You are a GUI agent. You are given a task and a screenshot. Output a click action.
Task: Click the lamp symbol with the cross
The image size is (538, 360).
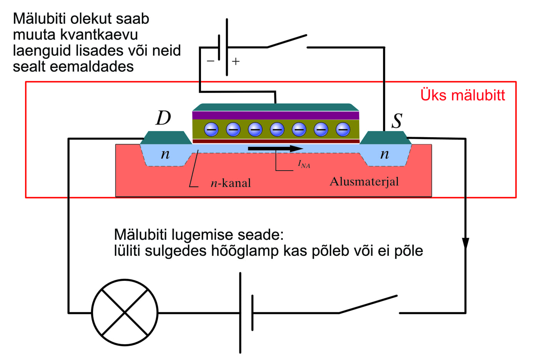click(125, 312)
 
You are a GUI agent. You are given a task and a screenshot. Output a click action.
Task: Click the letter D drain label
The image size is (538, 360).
click(163, 118)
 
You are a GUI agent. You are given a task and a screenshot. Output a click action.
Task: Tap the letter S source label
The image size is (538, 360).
click(397, 121)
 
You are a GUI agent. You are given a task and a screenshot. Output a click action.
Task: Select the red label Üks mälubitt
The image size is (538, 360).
click(462, 95)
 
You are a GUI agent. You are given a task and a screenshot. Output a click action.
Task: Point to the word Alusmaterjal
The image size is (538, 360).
click(364, 181)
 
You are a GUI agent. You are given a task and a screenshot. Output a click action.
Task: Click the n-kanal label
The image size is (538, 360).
click(231, 183)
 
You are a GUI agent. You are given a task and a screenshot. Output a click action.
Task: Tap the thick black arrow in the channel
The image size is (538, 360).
click(275, 149)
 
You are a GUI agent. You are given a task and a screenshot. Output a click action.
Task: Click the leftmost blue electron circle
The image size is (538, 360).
click(211, 129)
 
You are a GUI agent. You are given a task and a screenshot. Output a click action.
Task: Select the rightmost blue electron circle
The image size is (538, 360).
click(343, 129)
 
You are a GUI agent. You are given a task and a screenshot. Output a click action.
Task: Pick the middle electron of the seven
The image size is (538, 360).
click(277, 129)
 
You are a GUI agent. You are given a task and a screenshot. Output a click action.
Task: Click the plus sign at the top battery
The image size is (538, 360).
click(236, 61)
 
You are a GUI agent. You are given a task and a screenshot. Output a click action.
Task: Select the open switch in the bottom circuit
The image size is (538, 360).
click(368, 304)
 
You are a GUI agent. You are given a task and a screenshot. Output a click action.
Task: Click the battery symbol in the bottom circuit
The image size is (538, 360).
click(246, 312)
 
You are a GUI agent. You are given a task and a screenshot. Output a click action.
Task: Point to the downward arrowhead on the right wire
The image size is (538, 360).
click(465, 244)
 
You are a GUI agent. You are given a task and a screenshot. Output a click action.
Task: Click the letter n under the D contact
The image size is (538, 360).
click(165, 154)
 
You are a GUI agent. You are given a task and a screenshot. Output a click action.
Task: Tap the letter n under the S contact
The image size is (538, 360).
click(384, 154)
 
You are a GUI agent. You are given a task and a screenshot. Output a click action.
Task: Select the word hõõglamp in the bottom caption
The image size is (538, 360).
click(245, 251)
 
